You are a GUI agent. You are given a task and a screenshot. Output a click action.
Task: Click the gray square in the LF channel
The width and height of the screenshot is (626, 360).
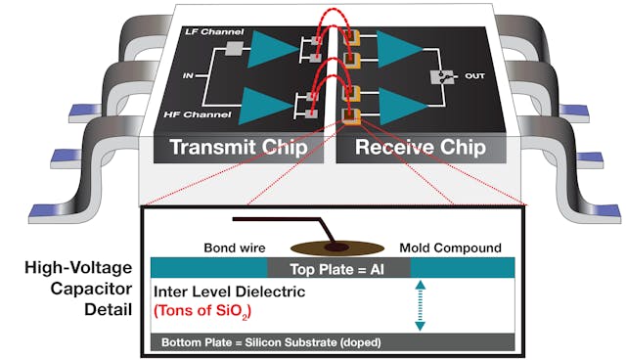(233, 50)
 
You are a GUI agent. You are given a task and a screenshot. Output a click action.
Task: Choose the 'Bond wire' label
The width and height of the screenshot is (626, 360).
(233, 247)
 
